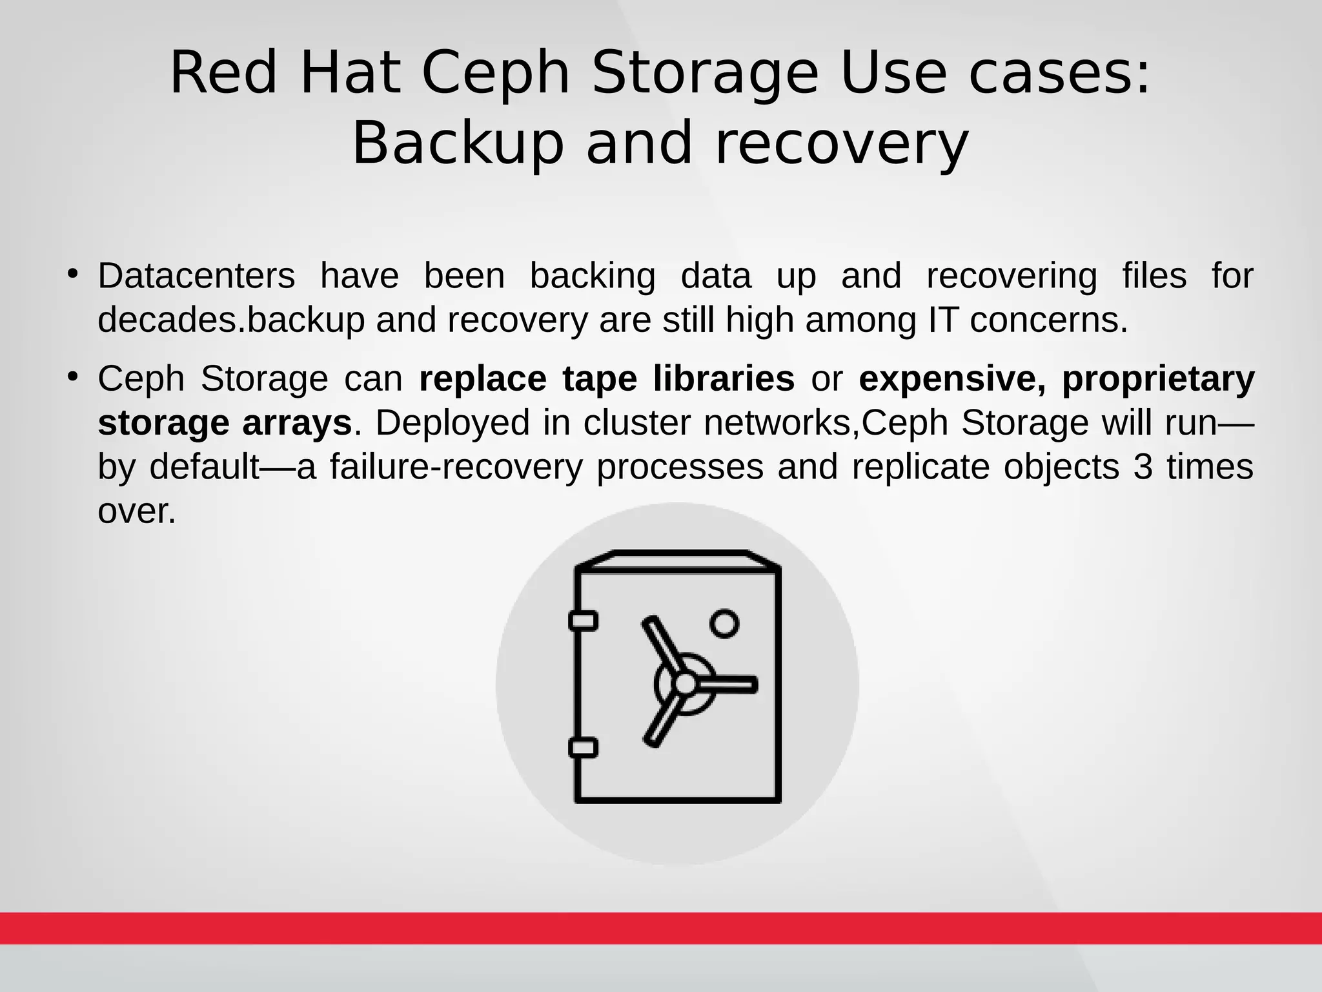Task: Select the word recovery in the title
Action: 842,143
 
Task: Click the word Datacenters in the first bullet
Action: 196,276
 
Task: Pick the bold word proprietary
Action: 1158,380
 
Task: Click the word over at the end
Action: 136,512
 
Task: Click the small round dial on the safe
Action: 724,623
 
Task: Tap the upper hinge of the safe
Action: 583,621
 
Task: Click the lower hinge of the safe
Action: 583,748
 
